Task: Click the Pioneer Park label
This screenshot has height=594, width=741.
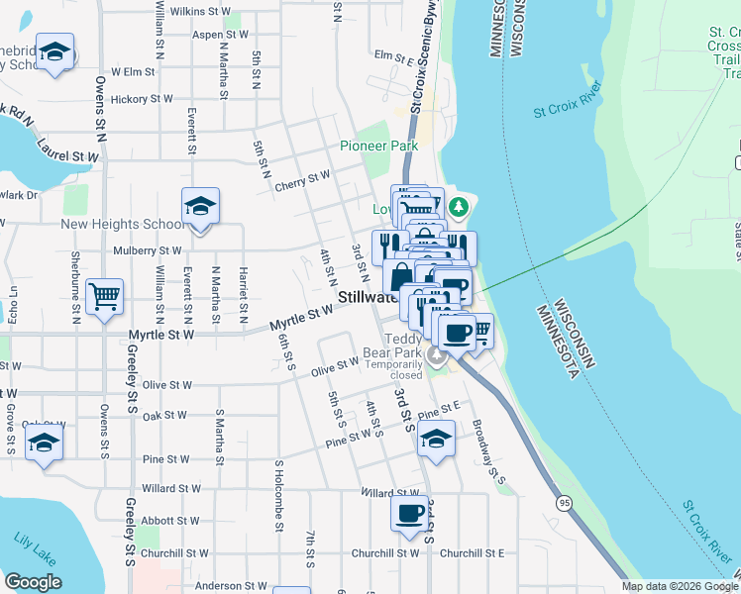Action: [378, 146]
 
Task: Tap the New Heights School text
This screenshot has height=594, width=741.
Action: [122, 224]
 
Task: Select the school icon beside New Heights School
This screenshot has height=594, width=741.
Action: [200, 208]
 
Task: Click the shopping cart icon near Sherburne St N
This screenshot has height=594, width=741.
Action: [105, 296]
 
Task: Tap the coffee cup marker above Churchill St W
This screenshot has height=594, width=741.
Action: [409, 514]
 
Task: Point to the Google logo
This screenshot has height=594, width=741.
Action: [33, 582]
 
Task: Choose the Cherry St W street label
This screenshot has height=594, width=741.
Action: [302, 178]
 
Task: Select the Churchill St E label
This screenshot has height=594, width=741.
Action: [473, 553]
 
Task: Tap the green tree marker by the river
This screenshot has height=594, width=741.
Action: [457, 207]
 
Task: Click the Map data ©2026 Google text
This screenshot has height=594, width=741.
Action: [679, 586]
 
